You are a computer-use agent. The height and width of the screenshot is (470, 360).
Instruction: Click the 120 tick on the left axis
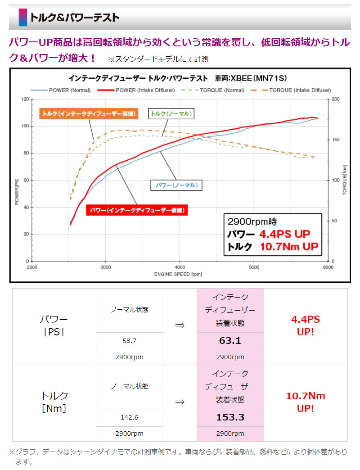pos(25,99)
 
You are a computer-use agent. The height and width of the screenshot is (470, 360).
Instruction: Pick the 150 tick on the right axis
pos(336,140)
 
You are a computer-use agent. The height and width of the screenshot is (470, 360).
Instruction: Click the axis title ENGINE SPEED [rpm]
pos(179,274)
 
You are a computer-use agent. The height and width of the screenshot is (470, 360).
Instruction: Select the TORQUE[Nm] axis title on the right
pos(344,180)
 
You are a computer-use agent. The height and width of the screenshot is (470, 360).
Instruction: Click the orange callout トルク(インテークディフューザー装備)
pos(89,113)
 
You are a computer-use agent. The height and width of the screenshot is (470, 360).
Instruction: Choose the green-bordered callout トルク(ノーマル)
pos(171,114)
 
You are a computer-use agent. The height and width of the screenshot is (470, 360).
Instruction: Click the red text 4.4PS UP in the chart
pos(284,234)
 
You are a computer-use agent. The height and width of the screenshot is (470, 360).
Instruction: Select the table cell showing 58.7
pos(130,342)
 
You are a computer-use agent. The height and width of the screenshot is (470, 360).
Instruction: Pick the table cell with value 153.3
pos(230,417)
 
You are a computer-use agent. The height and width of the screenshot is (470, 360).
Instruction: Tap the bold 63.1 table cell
pos(230,341)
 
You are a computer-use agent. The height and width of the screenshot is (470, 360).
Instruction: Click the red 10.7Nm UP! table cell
pos(306,402)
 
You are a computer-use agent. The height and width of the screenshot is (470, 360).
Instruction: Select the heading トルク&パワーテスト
pos(75,18)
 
